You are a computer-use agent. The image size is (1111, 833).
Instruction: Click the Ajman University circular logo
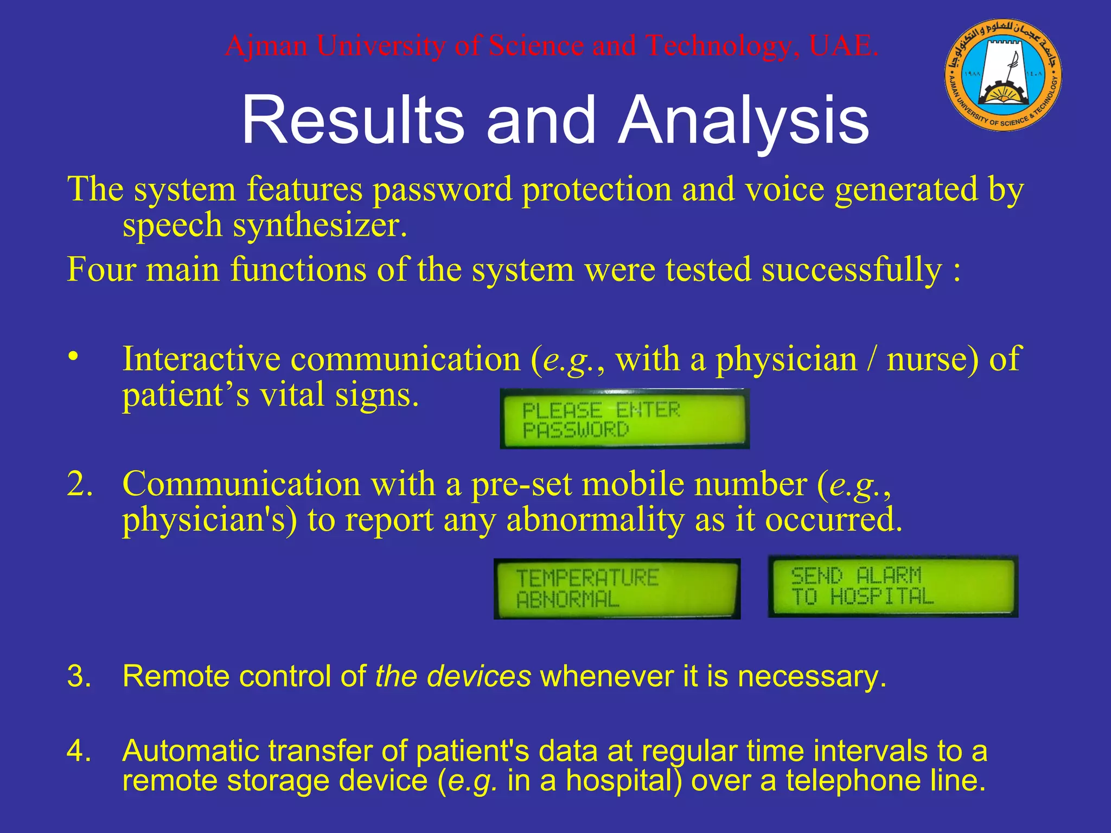(x=1004, y=75)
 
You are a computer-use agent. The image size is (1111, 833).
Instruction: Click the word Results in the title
(x=353, y=120)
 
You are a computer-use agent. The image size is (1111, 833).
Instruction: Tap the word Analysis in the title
(x=744, y=120)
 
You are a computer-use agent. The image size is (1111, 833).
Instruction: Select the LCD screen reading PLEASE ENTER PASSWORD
(x=624, y=419)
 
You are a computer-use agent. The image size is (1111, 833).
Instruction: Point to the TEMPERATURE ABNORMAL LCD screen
(x=617, y=589)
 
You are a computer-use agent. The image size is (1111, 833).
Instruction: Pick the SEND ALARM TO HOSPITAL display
(x=893, y=587)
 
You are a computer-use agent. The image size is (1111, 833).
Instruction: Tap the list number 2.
(x=79, y=484)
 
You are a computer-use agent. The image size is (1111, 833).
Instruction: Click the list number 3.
(x=79, y=677)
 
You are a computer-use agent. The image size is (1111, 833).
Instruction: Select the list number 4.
(x=79, y=752)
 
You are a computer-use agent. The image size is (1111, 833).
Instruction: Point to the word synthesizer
(x=320, y=225)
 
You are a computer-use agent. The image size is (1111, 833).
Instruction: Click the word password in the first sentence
(x=442, y=190)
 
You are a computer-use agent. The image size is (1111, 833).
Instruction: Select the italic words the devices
(x=453, y=677)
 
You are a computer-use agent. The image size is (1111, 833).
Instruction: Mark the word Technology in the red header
(x=718, y=46)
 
